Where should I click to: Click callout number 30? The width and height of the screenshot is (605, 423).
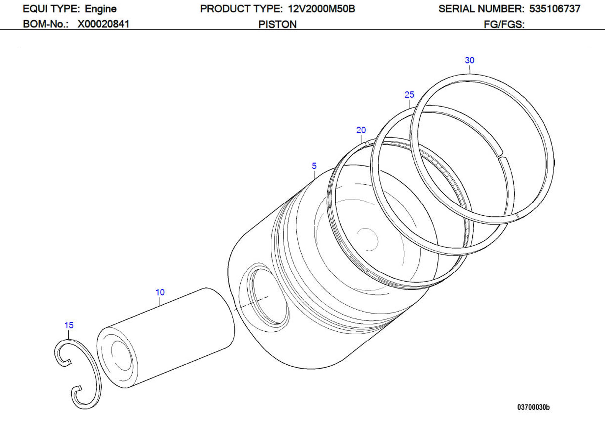pos(469,60)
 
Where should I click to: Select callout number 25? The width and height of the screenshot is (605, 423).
pos(409,95)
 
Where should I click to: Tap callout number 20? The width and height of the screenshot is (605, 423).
pos(361,130)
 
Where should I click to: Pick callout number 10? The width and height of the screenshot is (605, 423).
pos(160,292)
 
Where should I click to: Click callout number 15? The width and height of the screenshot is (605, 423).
pos(69,325)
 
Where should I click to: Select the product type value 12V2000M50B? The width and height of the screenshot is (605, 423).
pos(321,9)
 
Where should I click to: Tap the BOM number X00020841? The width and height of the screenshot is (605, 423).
pos(103,24)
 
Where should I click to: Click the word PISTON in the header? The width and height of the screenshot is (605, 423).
pos(277,24)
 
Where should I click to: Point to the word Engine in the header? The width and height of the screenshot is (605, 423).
pos(101,9)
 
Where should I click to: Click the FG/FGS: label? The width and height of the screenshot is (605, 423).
pos(504,24)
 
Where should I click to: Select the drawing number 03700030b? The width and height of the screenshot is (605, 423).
pos(533,407)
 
